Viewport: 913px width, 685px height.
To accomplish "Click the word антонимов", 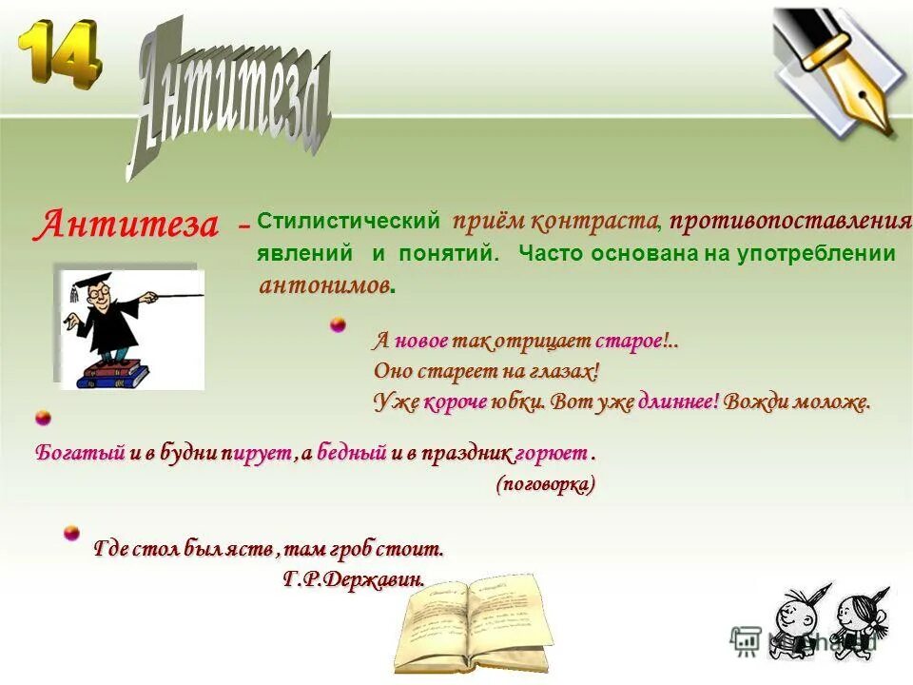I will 324,284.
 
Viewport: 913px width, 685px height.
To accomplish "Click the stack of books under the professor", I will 112,373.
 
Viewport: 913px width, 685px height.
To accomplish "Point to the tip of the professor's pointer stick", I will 202,295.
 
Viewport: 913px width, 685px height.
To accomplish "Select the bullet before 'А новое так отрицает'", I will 338,326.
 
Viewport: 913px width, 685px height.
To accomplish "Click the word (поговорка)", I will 546,484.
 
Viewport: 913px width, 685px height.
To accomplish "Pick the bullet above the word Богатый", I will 42,418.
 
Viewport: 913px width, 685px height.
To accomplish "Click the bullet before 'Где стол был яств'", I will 71,533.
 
